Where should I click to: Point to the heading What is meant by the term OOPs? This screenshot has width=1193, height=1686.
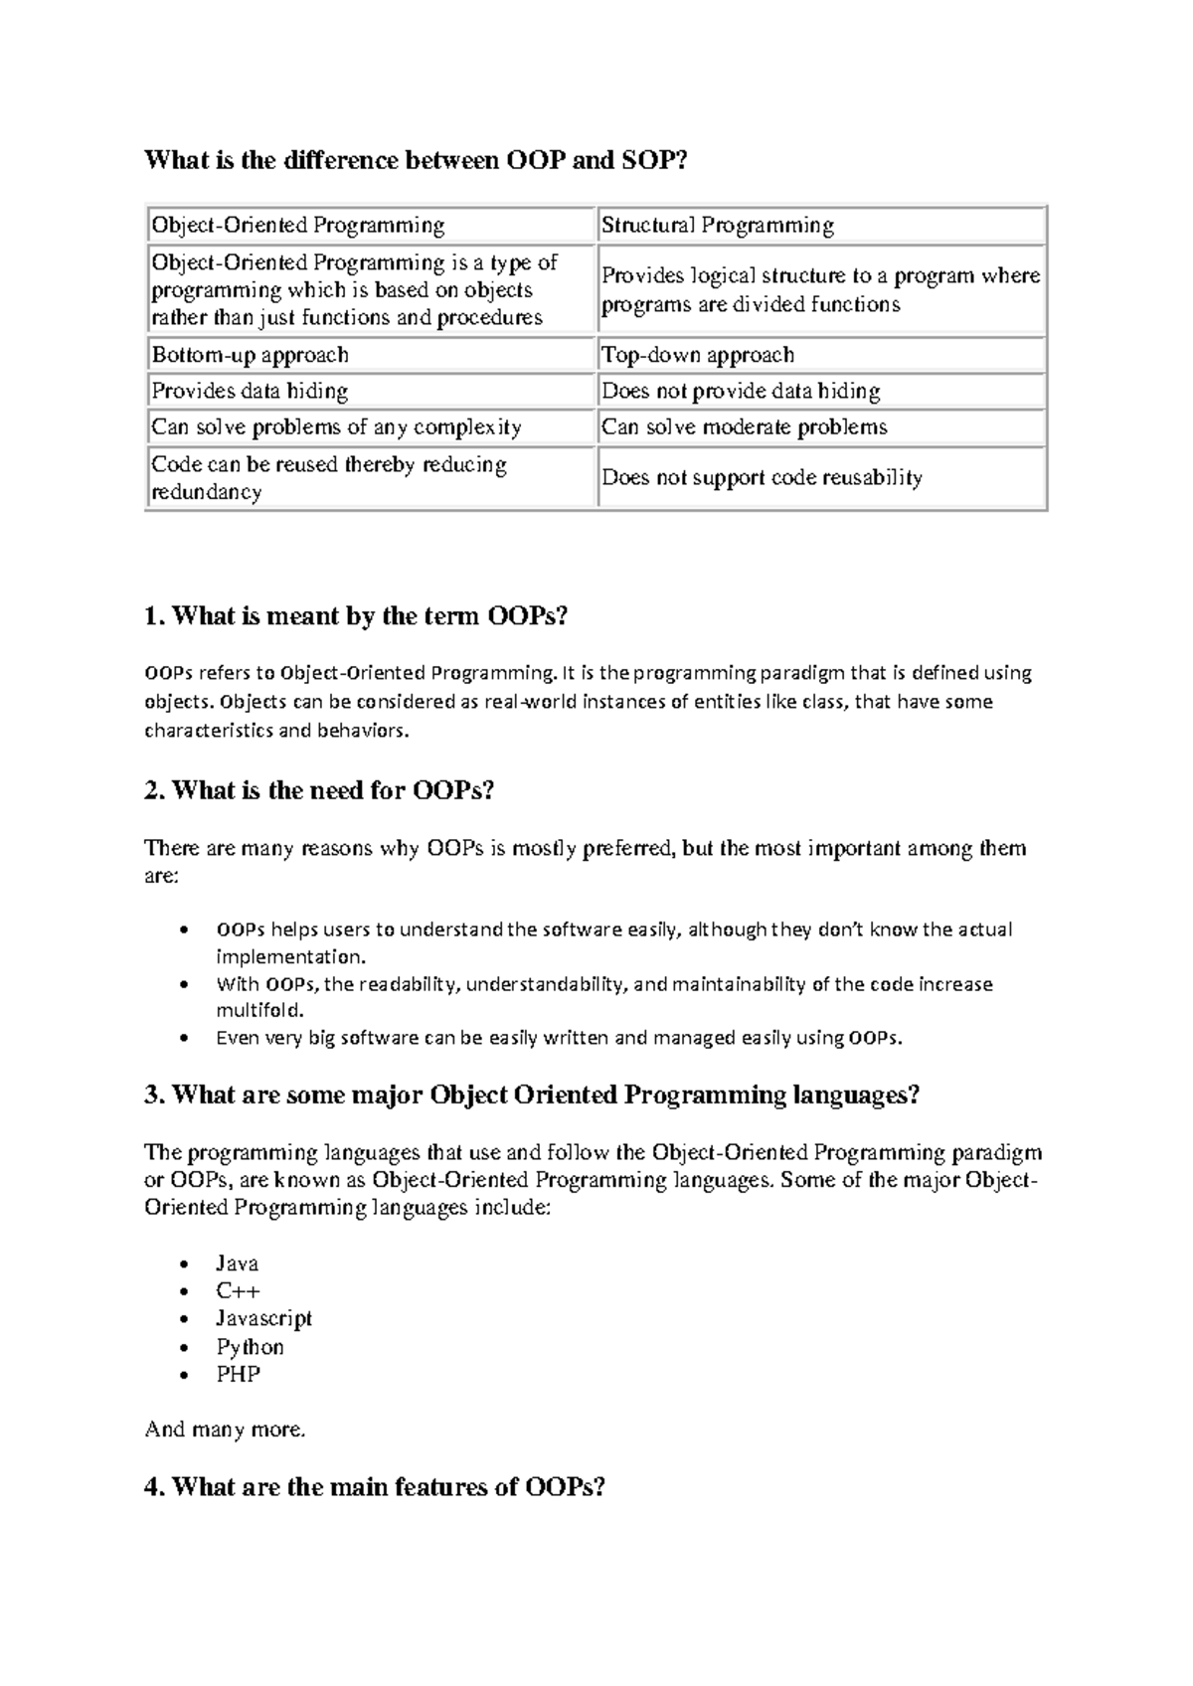pos(356,616)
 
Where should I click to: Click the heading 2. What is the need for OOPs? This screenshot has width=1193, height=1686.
pos(319,790)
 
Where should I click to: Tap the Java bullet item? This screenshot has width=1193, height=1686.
pos(237,1264)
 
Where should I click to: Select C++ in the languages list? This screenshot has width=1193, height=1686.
pos(238,1291)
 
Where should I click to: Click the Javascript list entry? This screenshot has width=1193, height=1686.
pos(263,1318)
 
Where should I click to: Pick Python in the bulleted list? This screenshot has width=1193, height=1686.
pos(250,1347)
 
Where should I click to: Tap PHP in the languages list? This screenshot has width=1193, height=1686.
pos(238,1375)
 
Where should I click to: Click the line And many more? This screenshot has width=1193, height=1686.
pos(225,1430)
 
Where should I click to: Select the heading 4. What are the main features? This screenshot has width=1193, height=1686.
pos(375,1487)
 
